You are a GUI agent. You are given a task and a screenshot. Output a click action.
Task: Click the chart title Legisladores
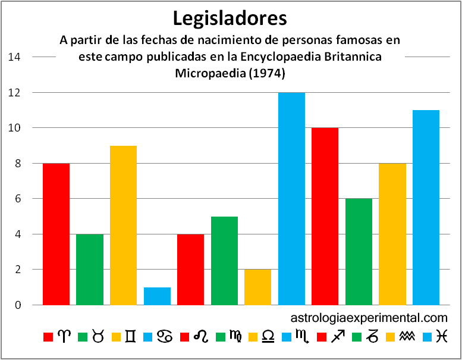[x=230, y=18]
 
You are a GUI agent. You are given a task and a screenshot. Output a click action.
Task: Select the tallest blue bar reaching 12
[x=291, y=199]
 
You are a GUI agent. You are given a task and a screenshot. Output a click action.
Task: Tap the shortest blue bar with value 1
[x=157, y=296]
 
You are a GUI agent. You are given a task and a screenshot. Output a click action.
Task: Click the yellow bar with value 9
[x=123, y=225]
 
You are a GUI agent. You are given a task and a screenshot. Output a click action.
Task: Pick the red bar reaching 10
[x=325, y=216]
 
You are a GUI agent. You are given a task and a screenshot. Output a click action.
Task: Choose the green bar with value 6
[x=359, y=251]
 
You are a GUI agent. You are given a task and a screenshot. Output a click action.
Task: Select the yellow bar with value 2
[x=257, y=287]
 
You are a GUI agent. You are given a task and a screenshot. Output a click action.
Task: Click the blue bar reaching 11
[x=426, y=207]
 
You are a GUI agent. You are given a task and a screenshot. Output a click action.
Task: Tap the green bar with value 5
[x=224, y=260]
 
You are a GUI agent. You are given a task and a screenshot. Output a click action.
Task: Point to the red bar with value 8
[x=56, y=234]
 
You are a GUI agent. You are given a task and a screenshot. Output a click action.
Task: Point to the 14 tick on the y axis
[x=15, y=57]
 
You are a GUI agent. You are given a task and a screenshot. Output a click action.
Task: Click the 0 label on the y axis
[x=18, y=305]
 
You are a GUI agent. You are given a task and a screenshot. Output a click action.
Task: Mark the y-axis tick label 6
[x=18, y=199]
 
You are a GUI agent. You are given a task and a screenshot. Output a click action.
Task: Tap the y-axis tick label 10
[x=15, y=128]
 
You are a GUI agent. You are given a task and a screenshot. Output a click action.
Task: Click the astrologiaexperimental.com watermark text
[x=369, y=318]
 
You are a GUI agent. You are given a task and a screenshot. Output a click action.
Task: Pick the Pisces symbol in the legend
[x=440, y=337]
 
